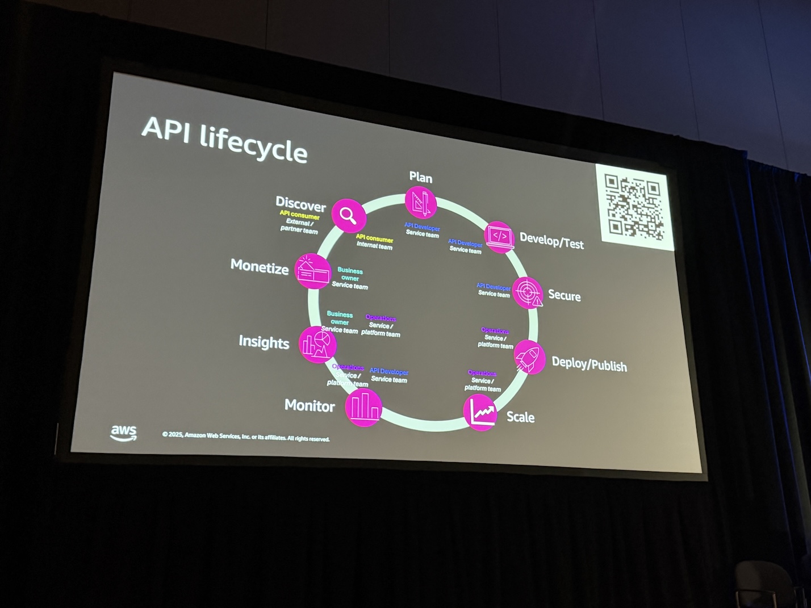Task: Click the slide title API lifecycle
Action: [224, 140]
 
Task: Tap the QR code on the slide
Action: [634, 207]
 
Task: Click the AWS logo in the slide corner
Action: [123, 433]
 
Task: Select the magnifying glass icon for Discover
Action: [348, 215]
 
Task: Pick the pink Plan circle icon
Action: [421, 203]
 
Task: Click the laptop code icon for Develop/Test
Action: [500, 237]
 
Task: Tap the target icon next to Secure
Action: [528, 292]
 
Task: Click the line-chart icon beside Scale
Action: [480, 412]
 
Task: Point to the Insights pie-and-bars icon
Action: [315, 344]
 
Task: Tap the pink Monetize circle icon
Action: [312, 271]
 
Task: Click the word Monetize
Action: [260, 266]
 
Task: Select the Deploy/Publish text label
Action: [589, 364]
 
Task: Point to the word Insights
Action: [264, 342]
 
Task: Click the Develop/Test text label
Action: [551, 241]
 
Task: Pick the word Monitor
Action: [310, 405]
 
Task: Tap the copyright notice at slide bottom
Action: [245, 437]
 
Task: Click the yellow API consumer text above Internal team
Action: [374, 238]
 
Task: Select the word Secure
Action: [564, 295]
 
